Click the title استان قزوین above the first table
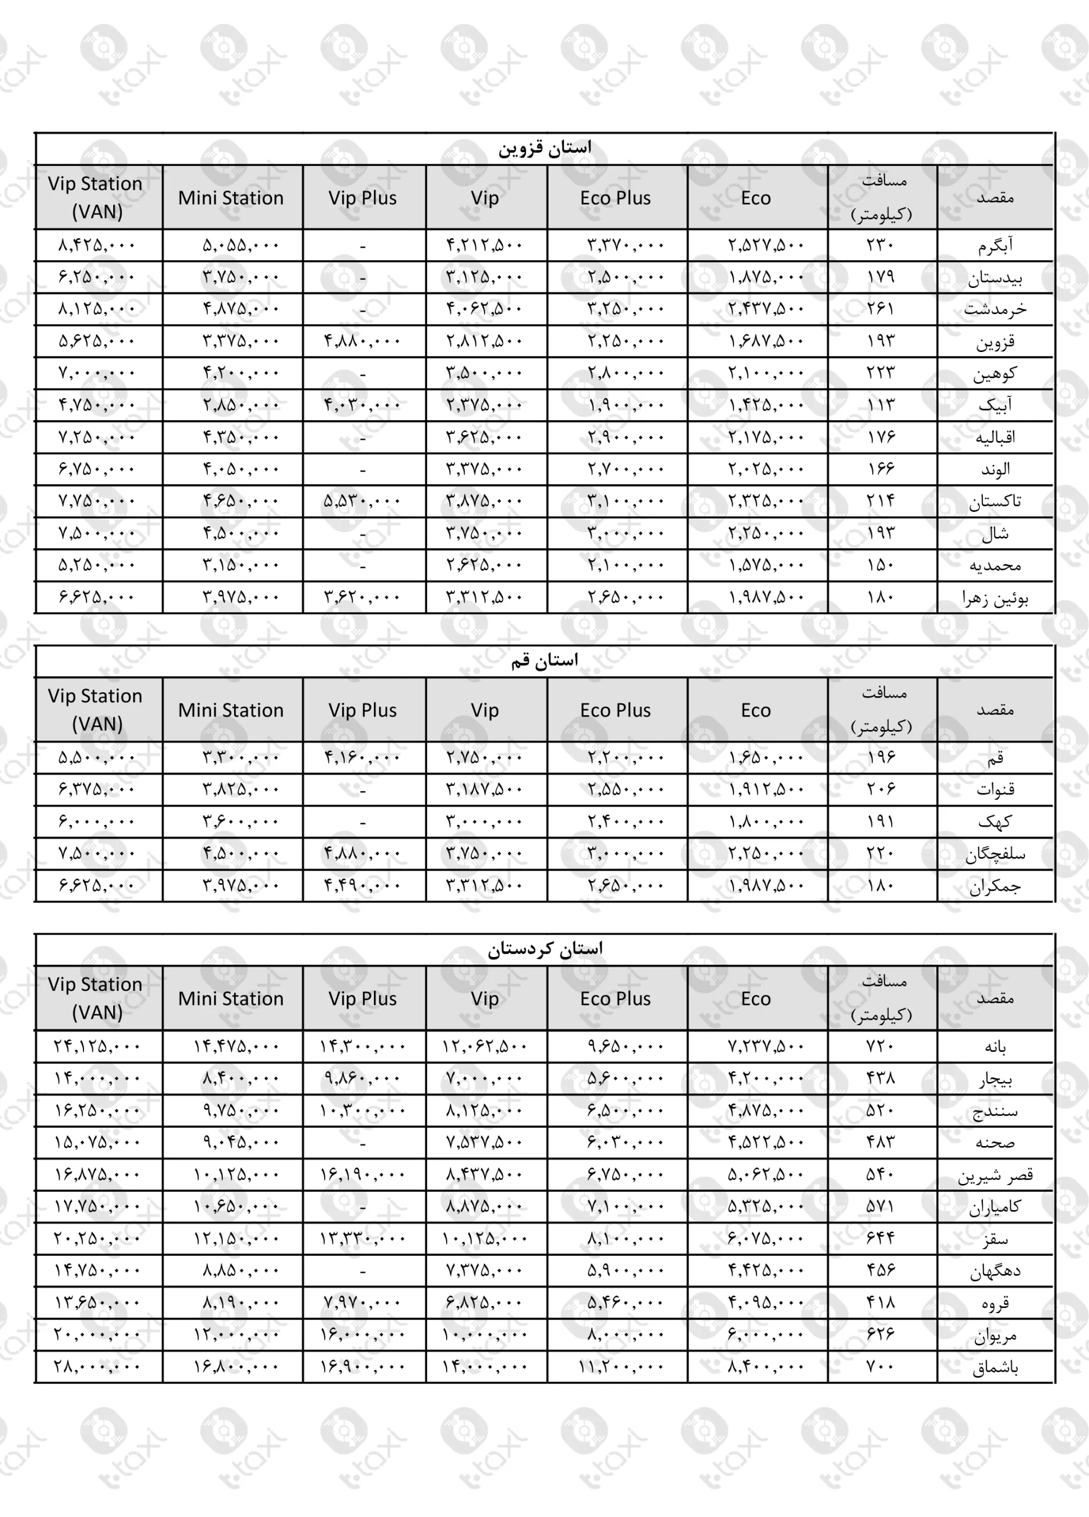coord(544,148)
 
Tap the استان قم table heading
coord(544,661)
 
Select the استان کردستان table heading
coord(544,949)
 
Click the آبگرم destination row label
coord(995,245)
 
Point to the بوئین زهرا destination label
coord(995,597)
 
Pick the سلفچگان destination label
coord(995,853)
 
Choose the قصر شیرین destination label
coord(995,1175)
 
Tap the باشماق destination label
coord(995,1367)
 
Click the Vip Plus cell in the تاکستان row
coord(362,501)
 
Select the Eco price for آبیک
coord(766,405)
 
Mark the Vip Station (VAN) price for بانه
coord(97,1046)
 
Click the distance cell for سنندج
coord(880,1110)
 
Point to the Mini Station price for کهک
coord(240,821)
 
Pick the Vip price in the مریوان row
coord(484,1335)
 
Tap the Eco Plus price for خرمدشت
coord(626,309)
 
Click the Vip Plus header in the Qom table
coord(362,711)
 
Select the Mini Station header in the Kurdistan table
coord(231,998)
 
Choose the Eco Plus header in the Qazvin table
coord(616,198)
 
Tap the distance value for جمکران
coord(880,885)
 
